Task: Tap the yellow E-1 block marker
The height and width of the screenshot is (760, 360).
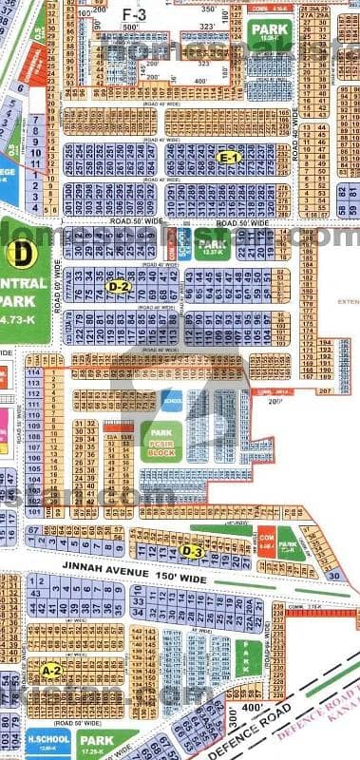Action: pos(228,158)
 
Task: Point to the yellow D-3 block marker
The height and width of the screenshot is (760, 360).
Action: pos(193,550)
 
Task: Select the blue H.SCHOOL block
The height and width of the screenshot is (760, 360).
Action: pos(48,738)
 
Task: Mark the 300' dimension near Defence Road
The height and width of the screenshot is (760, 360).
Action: pos(234,716)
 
